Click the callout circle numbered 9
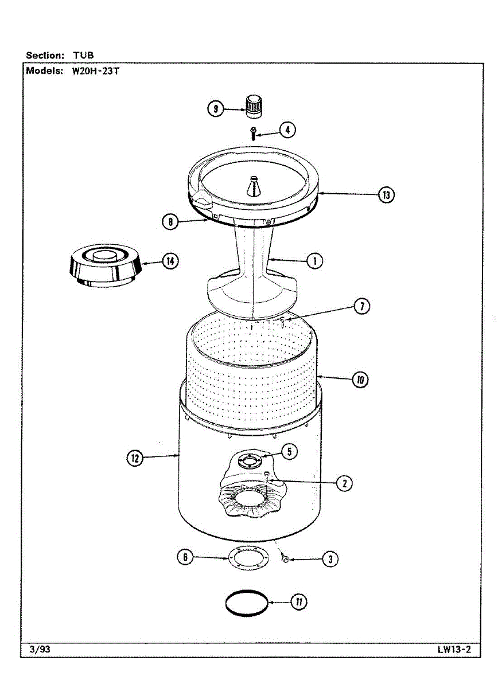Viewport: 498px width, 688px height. coord(215,108)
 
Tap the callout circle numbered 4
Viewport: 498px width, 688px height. coord(287,130)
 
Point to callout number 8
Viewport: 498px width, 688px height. coord(170,222)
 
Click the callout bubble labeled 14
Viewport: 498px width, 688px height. coord(169,261)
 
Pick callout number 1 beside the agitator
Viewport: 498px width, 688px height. coord(314,261)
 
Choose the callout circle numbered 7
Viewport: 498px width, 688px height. coord(361,306)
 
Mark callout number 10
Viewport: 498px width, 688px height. coord(361,380)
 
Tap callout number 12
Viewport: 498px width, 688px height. coord(135,458)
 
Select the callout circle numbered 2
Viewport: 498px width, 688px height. coord(344,483)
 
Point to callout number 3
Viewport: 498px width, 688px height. coord(329,559)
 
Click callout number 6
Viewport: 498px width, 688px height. coord(184,557)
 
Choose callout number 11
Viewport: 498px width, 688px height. coord(298,602)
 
